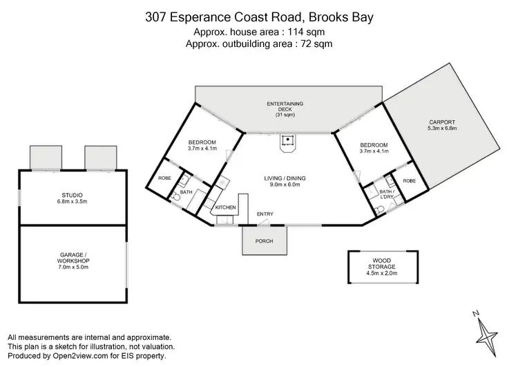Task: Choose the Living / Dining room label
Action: click(x=285, y=178)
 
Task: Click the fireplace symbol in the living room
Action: click(x=285, y=141)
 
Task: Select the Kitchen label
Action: click(x=226, y=207)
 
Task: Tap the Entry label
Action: click(x=265, y=214)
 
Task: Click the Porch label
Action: click(x=265, y=241)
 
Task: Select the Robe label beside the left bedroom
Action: click(x=164, y=178)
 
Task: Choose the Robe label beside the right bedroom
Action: click(x=409, y=180)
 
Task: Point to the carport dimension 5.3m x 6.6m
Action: click(x=442, y=129)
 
